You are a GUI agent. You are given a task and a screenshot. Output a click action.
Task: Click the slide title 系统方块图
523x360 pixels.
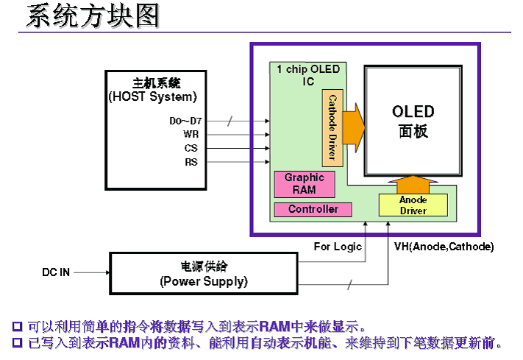click(x=92, y=16)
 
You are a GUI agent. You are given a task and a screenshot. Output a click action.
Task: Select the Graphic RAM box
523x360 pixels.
click(x=304, y=184)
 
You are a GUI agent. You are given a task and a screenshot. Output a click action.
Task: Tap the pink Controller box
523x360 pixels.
click(x=313, y=210)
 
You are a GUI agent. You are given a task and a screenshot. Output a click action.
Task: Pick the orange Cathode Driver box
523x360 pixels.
click(x=332, y=127)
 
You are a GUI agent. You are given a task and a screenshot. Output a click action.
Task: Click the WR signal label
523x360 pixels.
click(x=191, y=135)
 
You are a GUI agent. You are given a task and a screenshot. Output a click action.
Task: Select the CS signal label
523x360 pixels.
click(x=191, y=148)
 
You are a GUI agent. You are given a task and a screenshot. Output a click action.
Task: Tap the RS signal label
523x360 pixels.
click(x=191, y=161)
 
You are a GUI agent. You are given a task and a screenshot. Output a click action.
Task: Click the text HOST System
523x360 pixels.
click(x=152, y=96)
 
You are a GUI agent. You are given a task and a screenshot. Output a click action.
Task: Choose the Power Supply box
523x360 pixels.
click(x=204, y=274)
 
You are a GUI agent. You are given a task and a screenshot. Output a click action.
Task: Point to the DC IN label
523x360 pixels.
click(x=56, y=272)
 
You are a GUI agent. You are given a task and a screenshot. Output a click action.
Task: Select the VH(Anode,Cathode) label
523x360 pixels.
click(x=444, y=247)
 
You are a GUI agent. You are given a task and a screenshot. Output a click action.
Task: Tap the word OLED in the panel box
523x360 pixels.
click(x=413, y=113)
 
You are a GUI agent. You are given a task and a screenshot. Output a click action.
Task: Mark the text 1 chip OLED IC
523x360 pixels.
click(x=308, y=75)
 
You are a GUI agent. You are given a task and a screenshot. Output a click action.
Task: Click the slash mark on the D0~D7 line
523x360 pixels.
click(x=230, y=121)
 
